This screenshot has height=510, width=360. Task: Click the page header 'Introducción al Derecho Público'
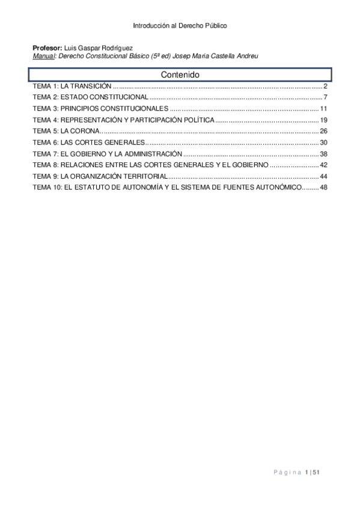click(x=180, y=26)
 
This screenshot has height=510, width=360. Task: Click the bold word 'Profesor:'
click(x=47, y=48)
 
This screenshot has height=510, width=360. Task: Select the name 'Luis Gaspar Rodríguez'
click(x=94, y=48)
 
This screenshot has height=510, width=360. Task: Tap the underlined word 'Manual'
click(x=43, y=55)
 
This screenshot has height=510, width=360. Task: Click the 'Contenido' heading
click(x=180, y=75)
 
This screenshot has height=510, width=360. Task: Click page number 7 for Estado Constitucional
click(x=324, y=97)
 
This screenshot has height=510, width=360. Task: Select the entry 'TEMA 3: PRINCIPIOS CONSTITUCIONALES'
click(x=100, y=109)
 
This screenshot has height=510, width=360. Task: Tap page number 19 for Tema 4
click(x=323, y=120)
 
